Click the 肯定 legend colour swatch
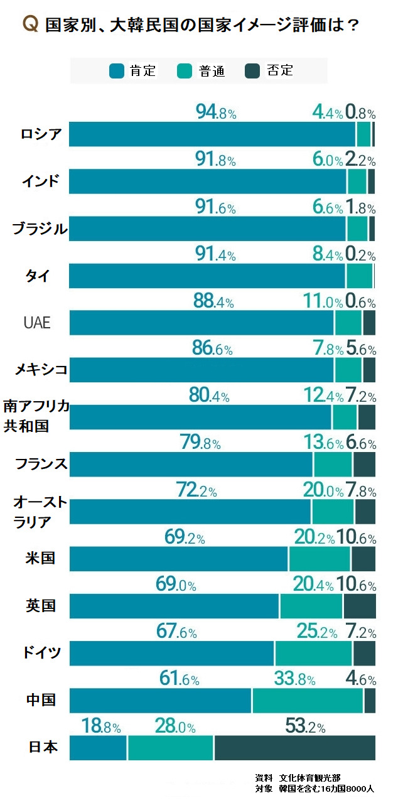coord(117,71)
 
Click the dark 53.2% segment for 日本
coord(294,748)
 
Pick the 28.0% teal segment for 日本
coord(171,748)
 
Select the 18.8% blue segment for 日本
coord(98,748)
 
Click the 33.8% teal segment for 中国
coord(308,701)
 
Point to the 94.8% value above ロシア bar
coord(216,113)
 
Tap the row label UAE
coord(37,323)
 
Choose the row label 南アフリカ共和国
coord(35,416)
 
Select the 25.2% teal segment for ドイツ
coord(313,654)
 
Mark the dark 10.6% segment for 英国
coord(359,606)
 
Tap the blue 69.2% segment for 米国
coord(179,559)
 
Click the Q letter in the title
coord(30,24)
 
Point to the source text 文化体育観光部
coord(311,777)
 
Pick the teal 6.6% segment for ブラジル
coord(357,229)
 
